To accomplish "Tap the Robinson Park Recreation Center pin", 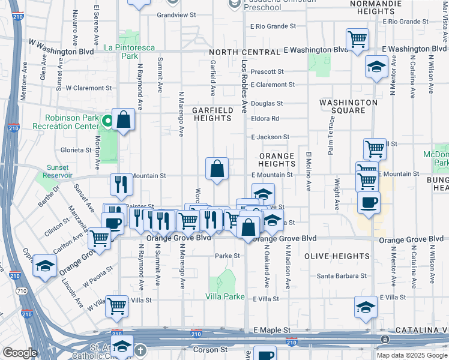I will (x=107, y=122).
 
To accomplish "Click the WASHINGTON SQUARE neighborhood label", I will (x=348, y=106).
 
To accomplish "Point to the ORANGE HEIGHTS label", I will (x=277, y=160).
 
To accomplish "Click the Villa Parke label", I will (x=226, y=297).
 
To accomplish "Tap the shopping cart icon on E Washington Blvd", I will (x=357, y=40).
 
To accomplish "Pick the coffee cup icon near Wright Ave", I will (x=369, y=202).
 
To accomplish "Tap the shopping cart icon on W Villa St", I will (x=116, y=307).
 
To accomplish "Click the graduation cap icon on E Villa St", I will (x=365, y=307).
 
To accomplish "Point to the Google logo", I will (x=20, y=353).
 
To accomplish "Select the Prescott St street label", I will (x=267, y=71).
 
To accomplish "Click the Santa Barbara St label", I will (x=342, y=276).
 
